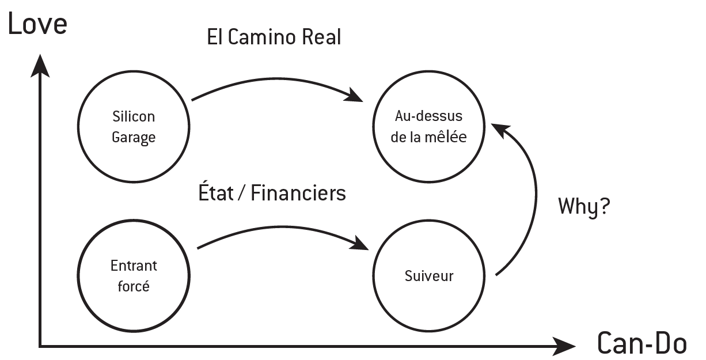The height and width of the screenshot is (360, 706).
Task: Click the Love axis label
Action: (x=37, y=25)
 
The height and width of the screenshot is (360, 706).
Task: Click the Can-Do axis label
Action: (x=642, y=344)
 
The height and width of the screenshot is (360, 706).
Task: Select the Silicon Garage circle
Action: (x=134, y=127)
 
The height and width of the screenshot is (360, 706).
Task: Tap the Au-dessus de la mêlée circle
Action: (x=429, y=127)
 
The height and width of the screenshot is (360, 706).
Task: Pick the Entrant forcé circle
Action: (x=134, y=276)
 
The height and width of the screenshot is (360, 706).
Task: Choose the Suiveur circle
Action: (x=429, y=276)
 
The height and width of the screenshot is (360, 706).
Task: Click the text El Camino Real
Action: (x=274, y=37)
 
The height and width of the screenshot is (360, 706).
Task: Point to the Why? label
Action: (x=583, y=206)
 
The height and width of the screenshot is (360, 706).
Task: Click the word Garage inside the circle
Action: (x=134, y=138)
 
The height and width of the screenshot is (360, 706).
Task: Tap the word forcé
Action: (x=134, y=286)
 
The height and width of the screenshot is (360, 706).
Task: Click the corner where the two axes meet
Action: (x=40, y=346)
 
